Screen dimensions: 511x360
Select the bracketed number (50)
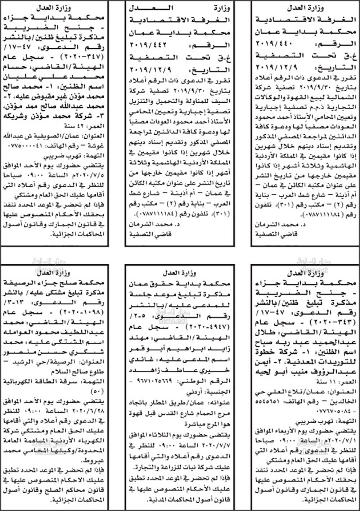pos(98,390)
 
